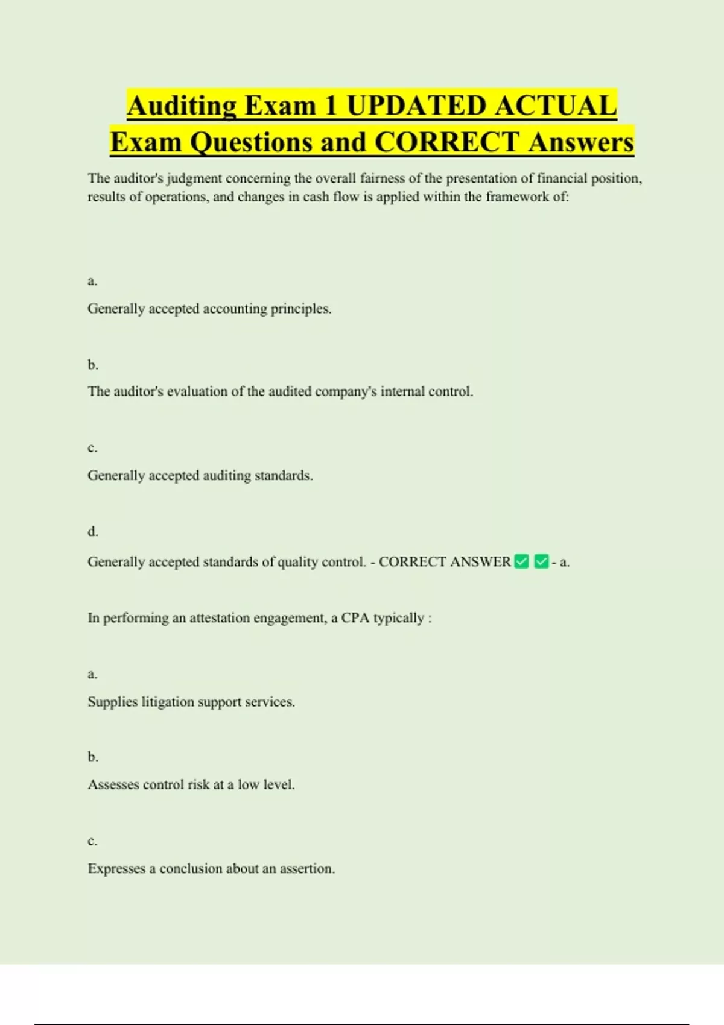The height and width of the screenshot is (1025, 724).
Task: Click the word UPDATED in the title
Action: (x=417, y=106)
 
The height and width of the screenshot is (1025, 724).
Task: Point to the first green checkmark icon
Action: (x=522, y=562)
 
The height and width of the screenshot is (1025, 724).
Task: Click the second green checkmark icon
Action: (x=542, y=562)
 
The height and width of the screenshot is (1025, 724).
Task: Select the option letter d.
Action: (x=92, y=532)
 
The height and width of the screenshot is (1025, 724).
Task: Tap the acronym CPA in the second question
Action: (x=355, y=618)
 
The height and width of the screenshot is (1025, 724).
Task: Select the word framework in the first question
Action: (x=517, y=197)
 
